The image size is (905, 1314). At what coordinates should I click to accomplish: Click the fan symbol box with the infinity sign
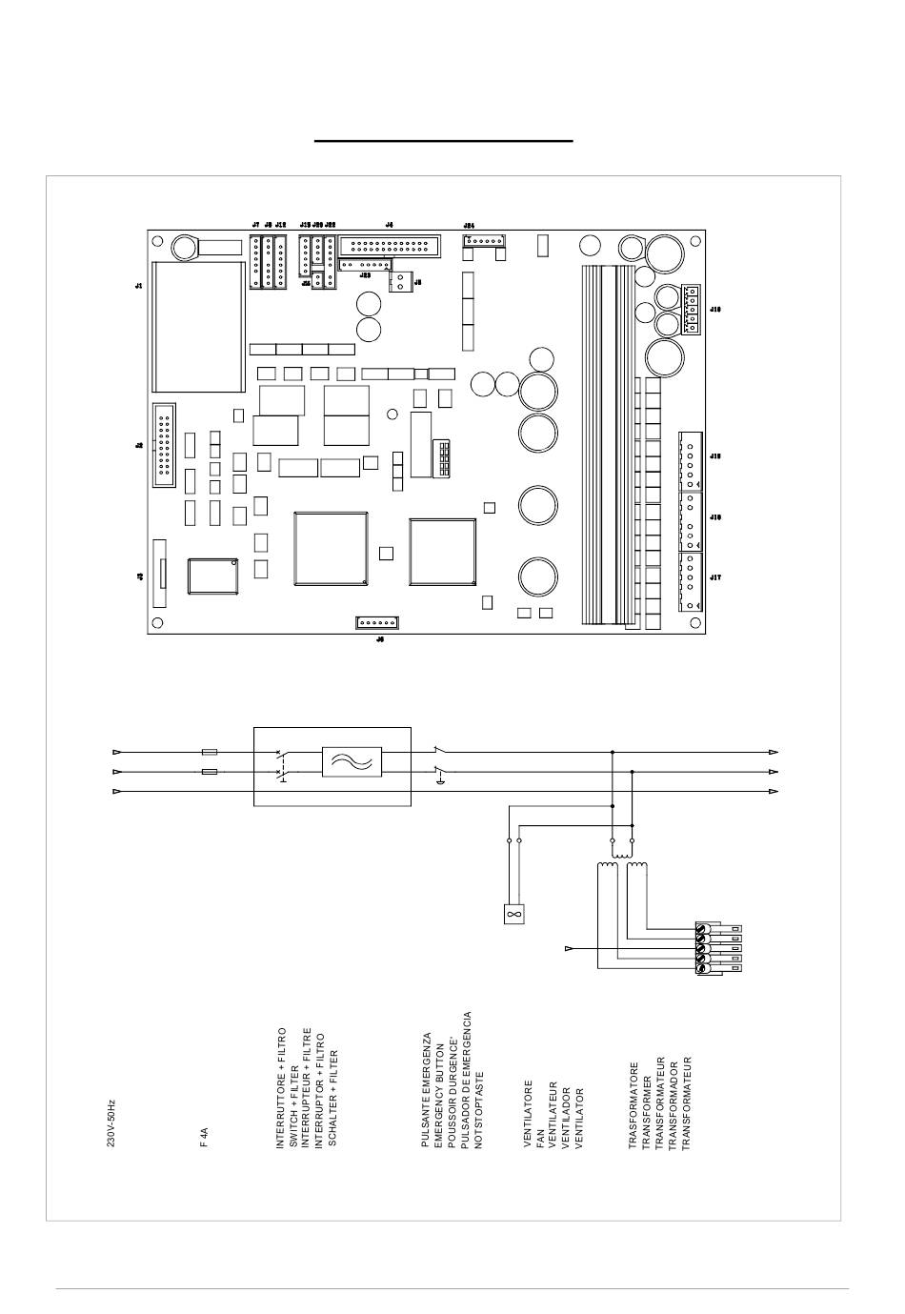point(513,914)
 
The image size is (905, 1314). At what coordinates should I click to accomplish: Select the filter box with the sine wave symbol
point(352,762)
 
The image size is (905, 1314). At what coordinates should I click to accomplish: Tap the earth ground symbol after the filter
point(439,782)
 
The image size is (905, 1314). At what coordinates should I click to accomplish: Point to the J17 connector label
point(715,577)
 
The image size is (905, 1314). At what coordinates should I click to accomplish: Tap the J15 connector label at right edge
point(715,456)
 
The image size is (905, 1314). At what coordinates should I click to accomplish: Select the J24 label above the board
point(468,225)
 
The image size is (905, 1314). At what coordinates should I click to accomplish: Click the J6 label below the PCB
point(379,640)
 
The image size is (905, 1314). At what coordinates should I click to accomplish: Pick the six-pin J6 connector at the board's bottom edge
point(377,622)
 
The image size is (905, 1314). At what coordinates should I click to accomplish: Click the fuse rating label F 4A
point(204,1137)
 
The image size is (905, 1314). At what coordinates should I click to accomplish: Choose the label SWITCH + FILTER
point(294,1092)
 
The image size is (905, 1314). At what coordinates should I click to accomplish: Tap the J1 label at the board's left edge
point(139,286)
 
